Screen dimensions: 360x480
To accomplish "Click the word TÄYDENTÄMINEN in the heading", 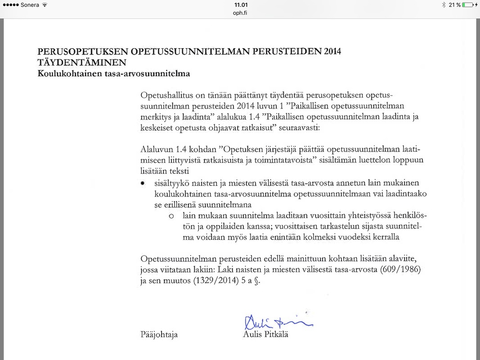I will click(x=81, y=62).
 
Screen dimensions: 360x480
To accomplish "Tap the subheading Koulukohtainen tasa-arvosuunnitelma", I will click(x=114, y=73).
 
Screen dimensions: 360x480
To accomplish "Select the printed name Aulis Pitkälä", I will click(x=265, y=334).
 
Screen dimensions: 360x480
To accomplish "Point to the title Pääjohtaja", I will click(x=159, y=335).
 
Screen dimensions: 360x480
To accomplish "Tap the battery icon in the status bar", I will click(x=467, y=5).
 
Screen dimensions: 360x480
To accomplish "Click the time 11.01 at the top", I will click(x=241, y=4).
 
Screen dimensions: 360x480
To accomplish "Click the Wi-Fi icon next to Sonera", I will click(x=45, y=5).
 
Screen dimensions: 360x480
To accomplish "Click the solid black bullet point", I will click(x=143, y=184).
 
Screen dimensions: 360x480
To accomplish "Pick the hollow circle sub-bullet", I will click(x=171, y=216).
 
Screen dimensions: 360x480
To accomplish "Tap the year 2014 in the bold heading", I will click(x=331, y=51).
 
